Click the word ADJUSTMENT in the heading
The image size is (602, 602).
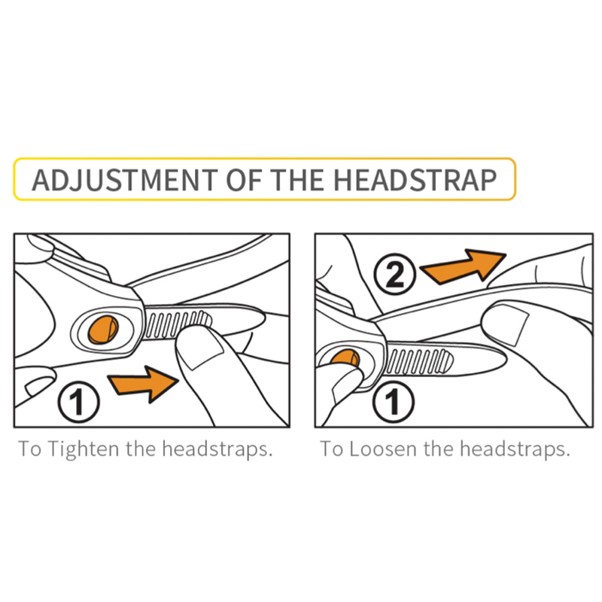[x=125, y=180]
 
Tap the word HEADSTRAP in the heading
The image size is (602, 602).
[x=415, y=180]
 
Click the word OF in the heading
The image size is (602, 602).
[x=244, y=180]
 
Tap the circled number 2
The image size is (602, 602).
[x=394, y=274]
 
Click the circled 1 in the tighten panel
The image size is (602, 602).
[x=79, y=402]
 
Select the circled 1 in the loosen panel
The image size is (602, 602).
[x=394, y=402]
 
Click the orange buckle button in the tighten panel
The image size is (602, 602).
[x=103, y=330]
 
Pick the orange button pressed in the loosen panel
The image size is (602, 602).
[x=345, y=357]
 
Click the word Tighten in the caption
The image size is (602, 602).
[x=84, y=448]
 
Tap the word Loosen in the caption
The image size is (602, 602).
[x=383, y=448]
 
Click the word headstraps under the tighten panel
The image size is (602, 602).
[x=217, y=448]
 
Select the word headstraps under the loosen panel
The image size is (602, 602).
[x=515, y=448]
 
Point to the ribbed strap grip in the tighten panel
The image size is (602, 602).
[x=178, y=324]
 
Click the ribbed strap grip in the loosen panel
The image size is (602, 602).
[x=419, y=361]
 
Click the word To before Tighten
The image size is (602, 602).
[x=29, y=448]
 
